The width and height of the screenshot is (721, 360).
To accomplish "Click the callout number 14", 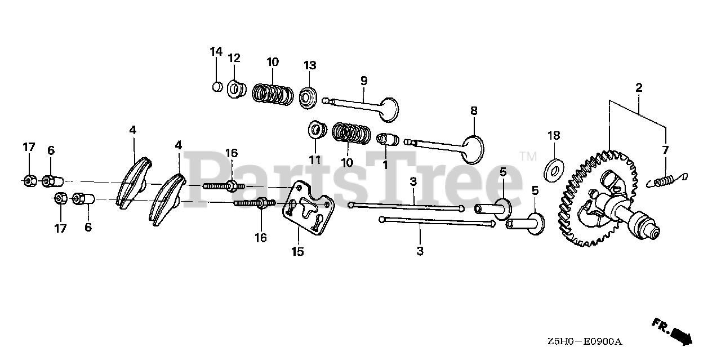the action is (216, 52).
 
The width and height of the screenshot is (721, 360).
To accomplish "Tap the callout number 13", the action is (310, 65).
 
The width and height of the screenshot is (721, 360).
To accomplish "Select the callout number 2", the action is (639, 87).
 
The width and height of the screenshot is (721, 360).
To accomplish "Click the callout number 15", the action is (297, 252).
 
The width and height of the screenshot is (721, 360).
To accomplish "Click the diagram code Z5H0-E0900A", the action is (584, 341).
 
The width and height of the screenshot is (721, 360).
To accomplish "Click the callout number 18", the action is (554, 136).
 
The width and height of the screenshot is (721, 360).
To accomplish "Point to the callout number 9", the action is (364, 81).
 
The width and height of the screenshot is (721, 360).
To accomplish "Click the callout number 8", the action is (473, 110).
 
